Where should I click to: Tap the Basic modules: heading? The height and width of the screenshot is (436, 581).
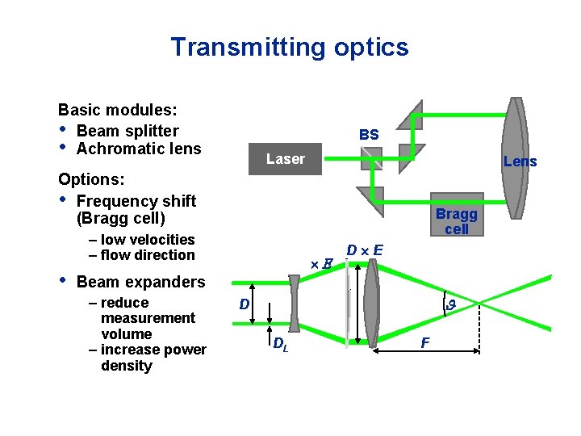(118, 110)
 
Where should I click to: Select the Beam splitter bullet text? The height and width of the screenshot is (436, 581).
(127, 131)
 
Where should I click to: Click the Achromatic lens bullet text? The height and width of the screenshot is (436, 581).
(138, 149)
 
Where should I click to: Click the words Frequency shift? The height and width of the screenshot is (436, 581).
(136, 201)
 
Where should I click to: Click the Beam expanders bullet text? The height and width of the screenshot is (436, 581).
(140, 282)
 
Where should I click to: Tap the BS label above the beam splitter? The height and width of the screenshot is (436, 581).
(368, 134)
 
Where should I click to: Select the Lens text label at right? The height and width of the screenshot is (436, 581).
(520, 161)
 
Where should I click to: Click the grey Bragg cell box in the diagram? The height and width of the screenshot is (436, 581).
(456, 218)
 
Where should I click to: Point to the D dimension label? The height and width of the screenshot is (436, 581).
(243, 305)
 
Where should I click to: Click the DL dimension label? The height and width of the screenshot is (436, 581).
(280, 345)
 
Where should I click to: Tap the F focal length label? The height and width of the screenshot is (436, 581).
(425, 344)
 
